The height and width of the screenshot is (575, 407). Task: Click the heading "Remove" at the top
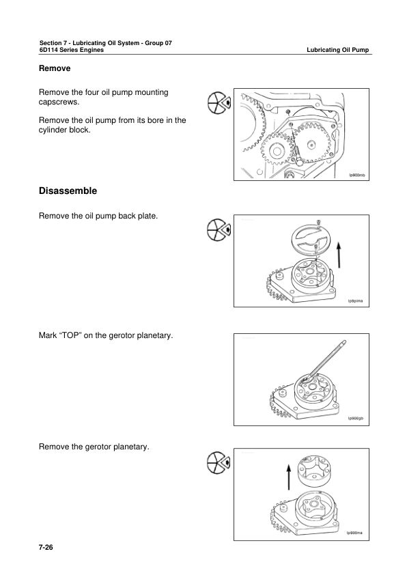pyautogui.click(x=55, y=69)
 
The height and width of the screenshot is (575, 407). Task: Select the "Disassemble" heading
pyautogui.click(x=68, y=191)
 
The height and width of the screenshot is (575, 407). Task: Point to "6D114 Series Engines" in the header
pyautogui.click(x=72, y=51)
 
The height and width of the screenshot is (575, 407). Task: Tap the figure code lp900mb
pyautogui.click(x=357, y=176)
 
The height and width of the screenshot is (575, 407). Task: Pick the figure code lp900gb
pyautogui.click(x=357, y=418)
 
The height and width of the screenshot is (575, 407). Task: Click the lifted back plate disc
pyautogui.click(x=307, y=240)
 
